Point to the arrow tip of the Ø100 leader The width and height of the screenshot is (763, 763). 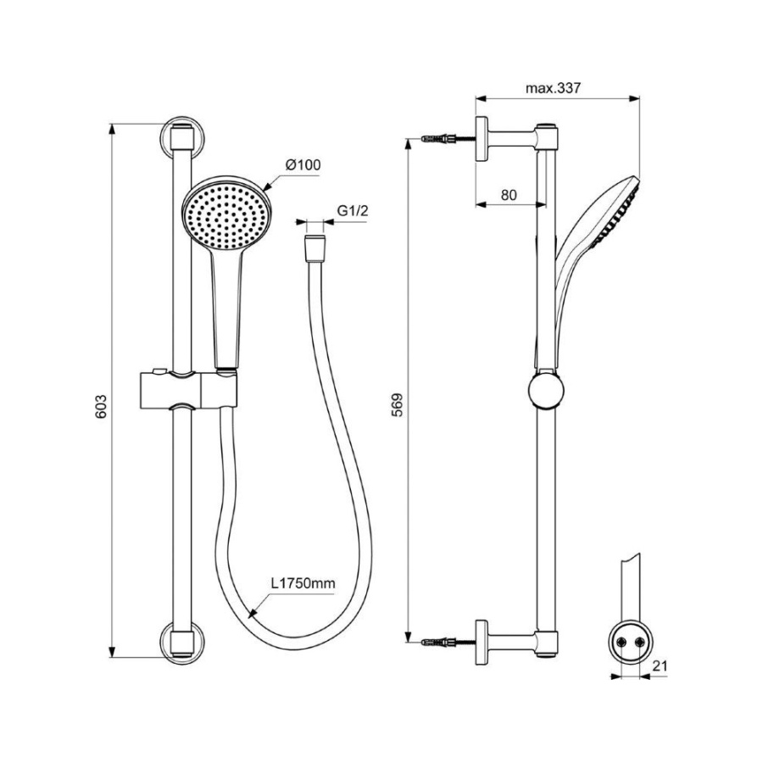(264, 189)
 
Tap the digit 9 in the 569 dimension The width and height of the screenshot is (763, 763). (398, 397)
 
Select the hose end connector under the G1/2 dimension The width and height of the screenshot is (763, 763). (315, 248)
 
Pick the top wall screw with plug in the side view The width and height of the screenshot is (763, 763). (448, 138)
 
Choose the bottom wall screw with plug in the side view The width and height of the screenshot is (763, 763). (448, 643)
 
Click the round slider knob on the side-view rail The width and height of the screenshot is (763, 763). (546, 391)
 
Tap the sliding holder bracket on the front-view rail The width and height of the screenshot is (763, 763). (189, 391)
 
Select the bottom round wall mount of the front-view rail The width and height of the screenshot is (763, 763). (182, 643)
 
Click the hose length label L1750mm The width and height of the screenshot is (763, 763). (304, 583)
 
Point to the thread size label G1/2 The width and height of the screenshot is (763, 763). (354, 210)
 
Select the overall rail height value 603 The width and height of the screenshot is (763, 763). (101, 406)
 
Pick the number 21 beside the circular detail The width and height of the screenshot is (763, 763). (660, 666)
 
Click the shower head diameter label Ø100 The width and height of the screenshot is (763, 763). (304, 164)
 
